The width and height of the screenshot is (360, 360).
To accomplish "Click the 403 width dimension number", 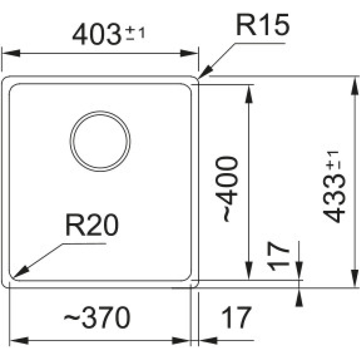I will (95, 35).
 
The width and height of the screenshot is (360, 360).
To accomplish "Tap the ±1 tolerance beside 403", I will (135, 33).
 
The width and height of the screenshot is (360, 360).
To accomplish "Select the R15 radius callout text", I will (263, 25).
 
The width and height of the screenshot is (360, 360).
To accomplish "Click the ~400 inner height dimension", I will (229, 189).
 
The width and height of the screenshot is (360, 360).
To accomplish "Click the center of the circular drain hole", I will (100, 141).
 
